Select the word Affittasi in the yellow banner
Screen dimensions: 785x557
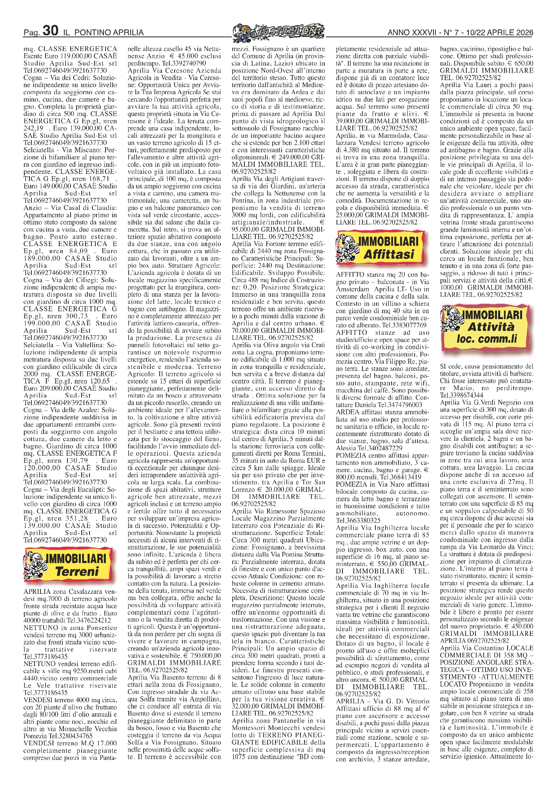(x=388, y=254)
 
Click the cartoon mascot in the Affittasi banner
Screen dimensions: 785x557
(x=347, y=247)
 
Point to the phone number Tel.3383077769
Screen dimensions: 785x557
(x=405, y=325)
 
